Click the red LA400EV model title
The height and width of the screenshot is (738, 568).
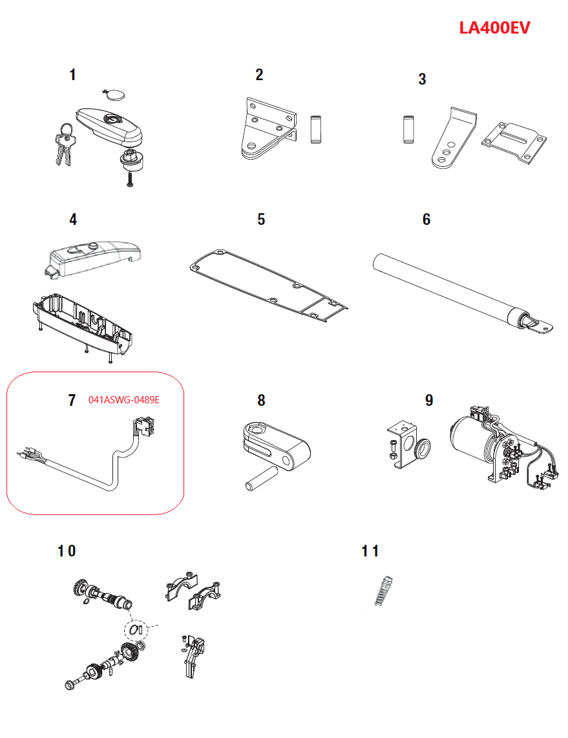pos(494,28)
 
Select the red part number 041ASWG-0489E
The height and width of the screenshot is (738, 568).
pos(124,399)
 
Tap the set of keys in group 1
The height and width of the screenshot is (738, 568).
pos(65,145)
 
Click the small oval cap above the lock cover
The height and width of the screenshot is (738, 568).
pos(114,94)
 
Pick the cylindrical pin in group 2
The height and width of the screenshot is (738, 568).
pos(316,129)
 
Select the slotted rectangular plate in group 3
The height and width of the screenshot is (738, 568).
pos(514,143)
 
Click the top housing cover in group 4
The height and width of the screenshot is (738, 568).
pos(95,258)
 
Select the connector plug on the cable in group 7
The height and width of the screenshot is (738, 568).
pos(143,427)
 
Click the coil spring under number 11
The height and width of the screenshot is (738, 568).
pos(384,591)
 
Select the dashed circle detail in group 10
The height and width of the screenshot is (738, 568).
pos(136,629)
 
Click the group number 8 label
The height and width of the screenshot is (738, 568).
pos(261,401)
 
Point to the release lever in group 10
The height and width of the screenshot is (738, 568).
pos(193,656)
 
